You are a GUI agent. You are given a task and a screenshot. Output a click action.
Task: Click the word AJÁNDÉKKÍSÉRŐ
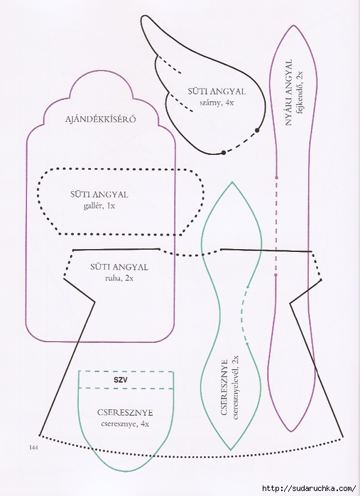coord(101,119)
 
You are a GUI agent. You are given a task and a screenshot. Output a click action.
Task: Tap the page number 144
coord(33,447)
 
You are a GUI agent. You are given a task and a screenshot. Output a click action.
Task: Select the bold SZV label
coord(121,380)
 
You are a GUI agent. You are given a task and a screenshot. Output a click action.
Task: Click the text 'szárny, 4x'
coord(217,102)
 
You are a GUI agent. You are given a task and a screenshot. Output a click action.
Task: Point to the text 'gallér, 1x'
coord(99,206)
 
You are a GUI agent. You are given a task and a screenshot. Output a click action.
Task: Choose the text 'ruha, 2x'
coord(119,278)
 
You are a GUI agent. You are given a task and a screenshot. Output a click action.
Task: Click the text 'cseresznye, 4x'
coord(125,424)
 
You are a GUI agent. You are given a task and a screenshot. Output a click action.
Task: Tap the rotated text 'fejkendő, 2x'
coord(299,93)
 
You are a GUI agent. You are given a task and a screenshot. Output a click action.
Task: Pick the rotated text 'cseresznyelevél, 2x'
coord(235,387)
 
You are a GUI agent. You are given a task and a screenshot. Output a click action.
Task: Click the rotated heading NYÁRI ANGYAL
coord(288,92)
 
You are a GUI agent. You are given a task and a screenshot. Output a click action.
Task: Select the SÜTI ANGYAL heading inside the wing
coord(217,92)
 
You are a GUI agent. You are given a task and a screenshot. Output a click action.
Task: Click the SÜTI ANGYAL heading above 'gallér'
coord(99,194)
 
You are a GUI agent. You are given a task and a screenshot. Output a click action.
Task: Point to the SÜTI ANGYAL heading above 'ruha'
coord(119,267)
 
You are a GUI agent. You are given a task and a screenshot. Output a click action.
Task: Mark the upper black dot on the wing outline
coord(258,130)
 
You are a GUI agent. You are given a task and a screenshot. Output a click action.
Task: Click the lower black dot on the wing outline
coord(224,153)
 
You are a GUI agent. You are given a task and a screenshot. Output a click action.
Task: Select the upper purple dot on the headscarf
coord(276,178)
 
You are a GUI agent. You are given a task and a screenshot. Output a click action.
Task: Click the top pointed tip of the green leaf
coord(232,182)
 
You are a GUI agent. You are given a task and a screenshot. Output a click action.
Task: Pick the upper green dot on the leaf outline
coord(248,287)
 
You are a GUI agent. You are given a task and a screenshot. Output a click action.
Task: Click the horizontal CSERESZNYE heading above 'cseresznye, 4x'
coord(125,412)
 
